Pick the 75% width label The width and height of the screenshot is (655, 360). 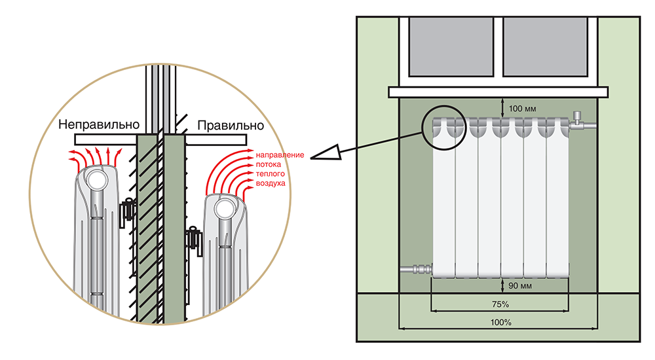[x=500, y=304]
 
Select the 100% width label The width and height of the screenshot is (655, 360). [x=500, y=322]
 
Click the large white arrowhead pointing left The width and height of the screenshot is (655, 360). [x=326, y=156]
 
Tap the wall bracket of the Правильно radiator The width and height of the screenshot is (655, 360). [x=194, y=237]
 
